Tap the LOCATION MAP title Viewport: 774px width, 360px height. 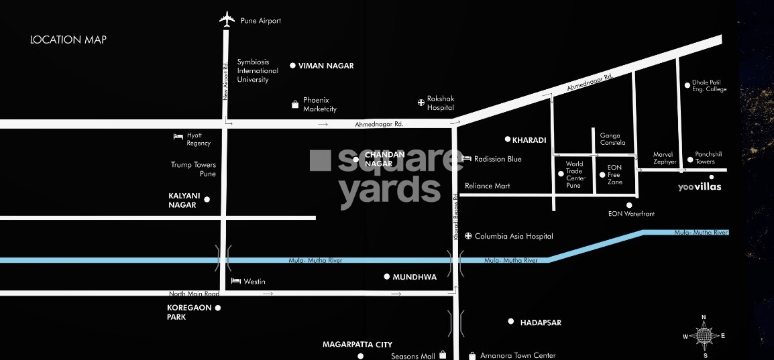[68, 40]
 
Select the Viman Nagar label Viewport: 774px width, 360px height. [326, 66]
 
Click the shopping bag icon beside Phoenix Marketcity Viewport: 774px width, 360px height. [294, 105]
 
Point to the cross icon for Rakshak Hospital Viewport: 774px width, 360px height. [421, 103]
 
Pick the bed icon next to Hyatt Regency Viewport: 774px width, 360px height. [178, 136]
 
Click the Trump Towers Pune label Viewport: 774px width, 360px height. [193, 169]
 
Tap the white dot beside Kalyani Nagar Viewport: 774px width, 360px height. [207, 199]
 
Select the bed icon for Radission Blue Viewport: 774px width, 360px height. [467, 158]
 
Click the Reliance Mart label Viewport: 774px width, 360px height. [488, 186]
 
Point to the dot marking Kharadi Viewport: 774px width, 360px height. [508, 139]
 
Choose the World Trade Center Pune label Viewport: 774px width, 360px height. [574, 174]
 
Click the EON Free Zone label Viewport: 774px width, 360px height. [614, 174]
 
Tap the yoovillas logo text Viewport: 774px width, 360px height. [700, 187]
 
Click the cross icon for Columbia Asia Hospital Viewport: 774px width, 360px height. [468, 236]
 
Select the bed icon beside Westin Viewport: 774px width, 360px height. [235, 281]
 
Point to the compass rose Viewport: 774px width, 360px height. [704, 336]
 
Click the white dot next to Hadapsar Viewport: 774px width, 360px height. [511, 322]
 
